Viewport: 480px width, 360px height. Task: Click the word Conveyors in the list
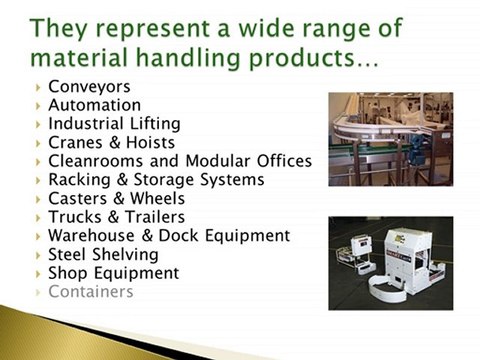(89, 86)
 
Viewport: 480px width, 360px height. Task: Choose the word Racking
(79, 180)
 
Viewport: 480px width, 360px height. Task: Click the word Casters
(79, 198)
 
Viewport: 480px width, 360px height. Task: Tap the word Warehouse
(97, 236)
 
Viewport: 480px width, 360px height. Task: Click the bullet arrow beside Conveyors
(38, 87)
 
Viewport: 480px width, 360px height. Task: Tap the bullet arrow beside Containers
(38, 292)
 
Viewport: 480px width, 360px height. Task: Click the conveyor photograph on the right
(391, 139)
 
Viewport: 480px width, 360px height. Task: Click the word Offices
(284, 161)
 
